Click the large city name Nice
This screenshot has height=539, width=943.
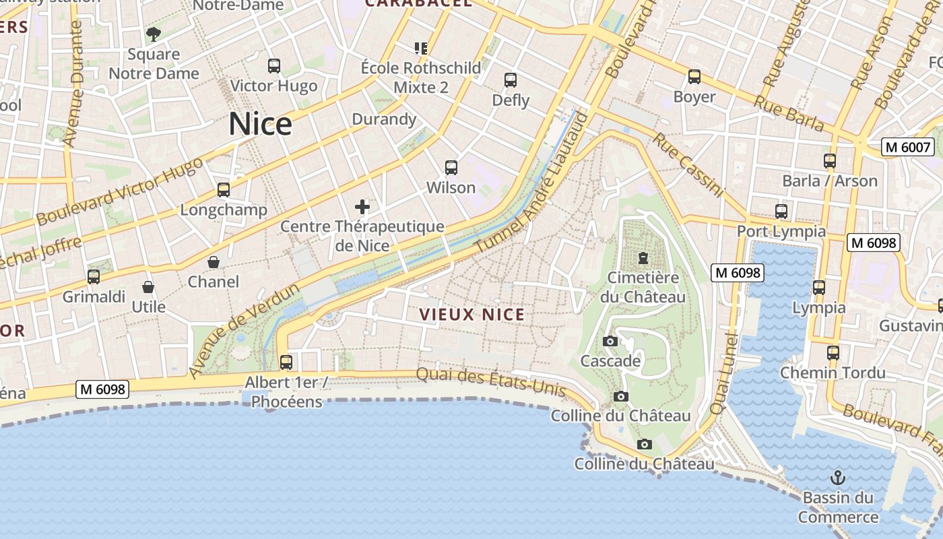(x=260, y=124)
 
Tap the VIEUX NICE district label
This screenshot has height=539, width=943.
(x=471, y=315)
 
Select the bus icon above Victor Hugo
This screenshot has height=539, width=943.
(x=273, y=66)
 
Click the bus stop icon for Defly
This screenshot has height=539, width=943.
(x=511, y=80)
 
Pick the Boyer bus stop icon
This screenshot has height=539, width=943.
(x=694, y=77)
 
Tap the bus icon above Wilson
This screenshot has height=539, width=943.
(x=451, y=168)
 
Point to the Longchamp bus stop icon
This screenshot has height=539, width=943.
(x=224, y=190)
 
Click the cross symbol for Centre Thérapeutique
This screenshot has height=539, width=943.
(x=362, y=207)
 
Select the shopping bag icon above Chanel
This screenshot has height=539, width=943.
(x=214, y=261)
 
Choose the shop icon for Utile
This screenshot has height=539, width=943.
(x=148, y=287)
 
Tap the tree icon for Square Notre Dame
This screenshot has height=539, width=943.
(x=154, y=34)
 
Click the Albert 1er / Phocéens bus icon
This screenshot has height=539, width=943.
(x=286, y=362)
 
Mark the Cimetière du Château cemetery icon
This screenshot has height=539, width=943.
(x=643, y=257)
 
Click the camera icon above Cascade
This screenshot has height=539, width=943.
(x=610, y=341)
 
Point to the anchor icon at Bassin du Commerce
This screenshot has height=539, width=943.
(x=837, y=478)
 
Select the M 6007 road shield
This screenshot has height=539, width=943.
(x=907, y=147)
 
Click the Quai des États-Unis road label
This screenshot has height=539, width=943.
(x=490, y=381)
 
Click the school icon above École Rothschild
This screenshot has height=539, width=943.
(x=421, y=48)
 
